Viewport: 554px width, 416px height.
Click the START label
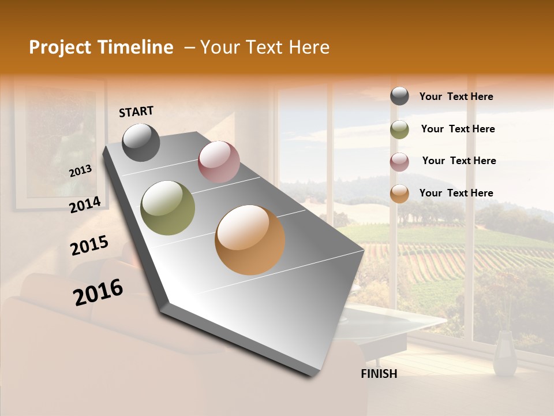tap(136, 112)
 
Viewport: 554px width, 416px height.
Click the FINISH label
tap(379, 374)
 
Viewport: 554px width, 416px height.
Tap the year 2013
tap(81, 170)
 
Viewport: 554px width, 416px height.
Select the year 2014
tap(85, 205)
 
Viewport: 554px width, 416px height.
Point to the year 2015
tap(89, 246)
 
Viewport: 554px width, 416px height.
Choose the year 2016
tap(98, 292)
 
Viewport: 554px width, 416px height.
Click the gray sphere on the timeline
tap(141, 142)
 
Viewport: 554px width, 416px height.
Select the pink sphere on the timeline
tap(219, 162)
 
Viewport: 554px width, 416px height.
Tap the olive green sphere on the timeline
tap(167, 207)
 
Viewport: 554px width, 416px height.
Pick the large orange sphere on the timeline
tap(250, 240)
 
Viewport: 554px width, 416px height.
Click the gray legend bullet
tap(399, 96)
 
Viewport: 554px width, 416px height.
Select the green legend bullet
tap(399, 129)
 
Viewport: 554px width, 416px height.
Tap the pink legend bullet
tap(399, 162)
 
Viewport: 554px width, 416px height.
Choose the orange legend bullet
tap(399, 194)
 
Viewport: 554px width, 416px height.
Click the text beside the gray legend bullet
tap(456, 97)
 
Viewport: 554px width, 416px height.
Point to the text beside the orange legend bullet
tap(456, 193)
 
